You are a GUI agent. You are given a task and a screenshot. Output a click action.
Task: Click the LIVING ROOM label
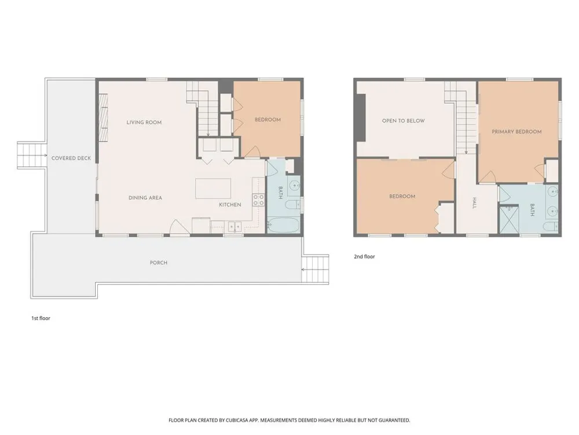click(144, 122)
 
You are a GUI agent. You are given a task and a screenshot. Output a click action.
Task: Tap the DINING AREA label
click(145, 198)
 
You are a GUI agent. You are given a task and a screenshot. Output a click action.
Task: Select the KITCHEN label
click(230, 205)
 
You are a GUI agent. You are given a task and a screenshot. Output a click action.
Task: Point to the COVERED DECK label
click(71, 158)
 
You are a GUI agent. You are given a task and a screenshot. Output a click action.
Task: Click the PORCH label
click(159, 263)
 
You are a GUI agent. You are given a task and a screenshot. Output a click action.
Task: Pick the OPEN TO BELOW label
click(403, 121)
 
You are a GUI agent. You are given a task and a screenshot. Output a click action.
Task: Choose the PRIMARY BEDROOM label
click(516, 132)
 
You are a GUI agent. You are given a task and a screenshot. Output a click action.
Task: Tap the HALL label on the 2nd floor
click(475, 203)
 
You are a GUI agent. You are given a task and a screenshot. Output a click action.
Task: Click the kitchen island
click(213, 188)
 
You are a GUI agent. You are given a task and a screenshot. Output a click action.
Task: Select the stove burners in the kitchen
click(258, 200)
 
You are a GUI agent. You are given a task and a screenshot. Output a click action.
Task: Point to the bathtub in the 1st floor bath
click(283, 225)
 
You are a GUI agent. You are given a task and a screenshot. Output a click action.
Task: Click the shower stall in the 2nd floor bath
click(509, 220)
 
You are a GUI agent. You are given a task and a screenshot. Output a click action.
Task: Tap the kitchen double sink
click(234, 226)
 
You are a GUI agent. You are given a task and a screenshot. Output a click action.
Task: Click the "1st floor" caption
click(41, 318)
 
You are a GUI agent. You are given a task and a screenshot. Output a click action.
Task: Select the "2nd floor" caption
click(364, 256)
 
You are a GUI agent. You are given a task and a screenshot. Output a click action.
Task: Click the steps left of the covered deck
click(32, 155)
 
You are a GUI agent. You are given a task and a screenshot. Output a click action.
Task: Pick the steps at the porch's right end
click(315, 269)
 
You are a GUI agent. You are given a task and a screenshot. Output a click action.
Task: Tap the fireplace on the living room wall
click(103, 117)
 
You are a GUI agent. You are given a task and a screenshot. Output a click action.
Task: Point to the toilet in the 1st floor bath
click(294, 204)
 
